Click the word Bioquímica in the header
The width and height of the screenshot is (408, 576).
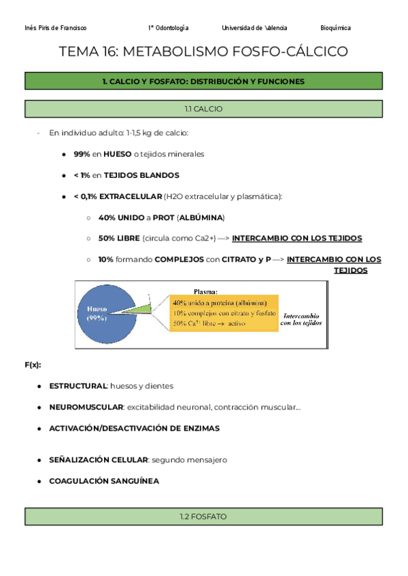click(x=335, y=28)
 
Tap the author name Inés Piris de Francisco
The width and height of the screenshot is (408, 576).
click(x=55, y=28)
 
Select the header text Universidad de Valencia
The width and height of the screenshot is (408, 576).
click(x=254, y=28)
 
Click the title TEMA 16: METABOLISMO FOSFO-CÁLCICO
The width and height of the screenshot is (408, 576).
click(x=203, y=52)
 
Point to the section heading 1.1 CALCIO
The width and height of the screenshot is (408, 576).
click(x=203, y=109)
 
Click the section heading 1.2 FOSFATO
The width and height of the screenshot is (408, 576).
click(x=203, y=517)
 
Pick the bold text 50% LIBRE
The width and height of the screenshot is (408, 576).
click(x=119, y=238)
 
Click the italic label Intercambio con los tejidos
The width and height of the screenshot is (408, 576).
click(x=299, y=319)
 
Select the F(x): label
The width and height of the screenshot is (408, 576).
click(x=33, y=365)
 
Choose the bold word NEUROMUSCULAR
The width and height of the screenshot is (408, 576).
click(x=86, y=407)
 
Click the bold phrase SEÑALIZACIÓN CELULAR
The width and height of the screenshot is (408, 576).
click(x=98, y=460)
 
